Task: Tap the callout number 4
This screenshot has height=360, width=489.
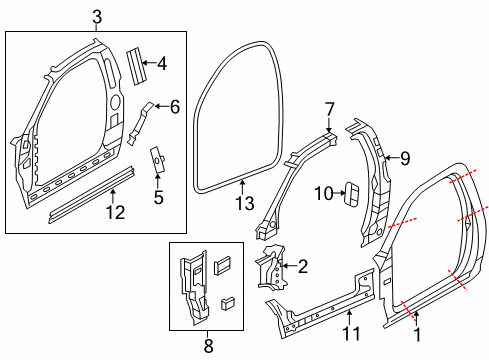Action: [162, 64]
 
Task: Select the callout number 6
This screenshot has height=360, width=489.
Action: [174, 106]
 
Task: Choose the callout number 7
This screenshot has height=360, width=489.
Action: [329, 107]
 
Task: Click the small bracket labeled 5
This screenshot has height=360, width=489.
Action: [157, 160]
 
